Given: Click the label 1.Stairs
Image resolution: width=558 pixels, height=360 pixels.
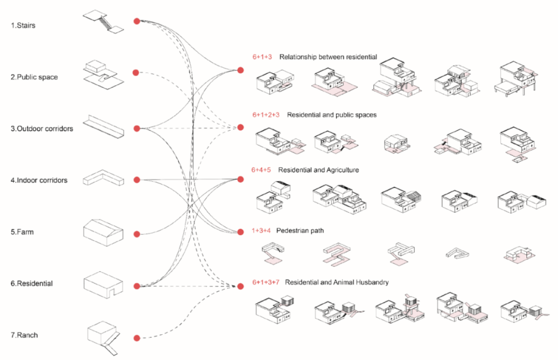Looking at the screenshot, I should tap(23, 25).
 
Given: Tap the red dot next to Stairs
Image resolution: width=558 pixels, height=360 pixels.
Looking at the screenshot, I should tap(137, 21).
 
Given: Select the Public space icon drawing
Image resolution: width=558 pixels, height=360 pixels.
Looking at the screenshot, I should tap(103, 73).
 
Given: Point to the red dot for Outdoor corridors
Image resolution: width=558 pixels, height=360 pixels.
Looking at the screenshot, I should tap(137, 128).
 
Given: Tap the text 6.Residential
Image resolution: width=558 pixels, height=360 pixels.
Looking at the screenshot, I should tap(32, 284).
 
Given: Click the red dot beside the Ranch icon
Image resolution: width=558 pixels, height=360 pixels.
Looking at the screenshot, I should tap(137, 338).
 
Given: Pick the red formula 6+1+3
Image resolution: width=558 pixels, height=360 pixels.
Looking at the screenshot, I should tap(262, 57).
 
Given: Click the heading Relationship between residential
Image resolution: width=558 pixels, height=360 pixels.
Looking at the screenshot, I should tap(328, 57).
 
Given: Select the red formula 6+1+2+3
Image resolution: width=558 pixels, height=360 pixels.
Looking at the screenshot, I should tap(266, 115).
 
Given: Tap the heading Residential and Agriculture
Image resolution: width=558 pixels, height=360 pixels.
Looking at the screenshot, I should tap(318, 169).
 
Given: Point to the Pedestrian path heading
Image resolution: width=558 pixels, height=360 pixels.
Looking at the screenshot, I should tap(300, 230).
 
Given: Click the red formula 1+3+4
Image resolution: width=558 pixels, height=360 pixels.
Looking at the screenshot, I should tap(262, 230).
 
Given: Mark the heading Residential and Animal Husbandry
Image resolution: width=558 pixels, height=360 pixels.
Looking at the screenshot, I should tap(337, 283).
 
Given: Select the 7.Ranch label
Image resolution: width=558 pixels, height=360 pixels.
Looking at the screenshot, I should tap(24, 335).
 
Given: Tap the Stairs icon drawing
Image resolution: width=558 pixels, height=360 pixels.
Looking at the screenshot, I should tap(103, 22).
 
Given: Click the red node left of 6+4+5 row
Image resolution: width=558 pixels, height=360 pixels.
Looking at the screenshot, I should tap(240, 179).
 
